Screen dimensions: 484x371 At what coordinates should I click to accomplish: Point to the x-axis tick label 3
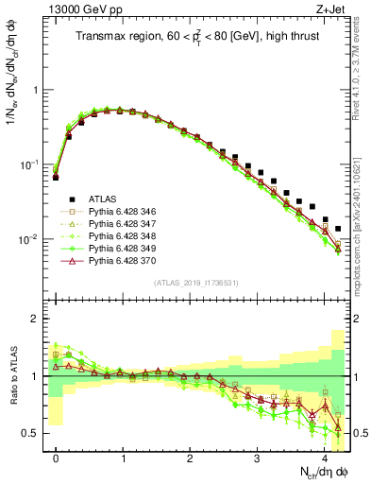257,458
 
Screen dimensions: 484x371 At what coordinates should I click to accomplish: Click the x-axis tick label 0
56,458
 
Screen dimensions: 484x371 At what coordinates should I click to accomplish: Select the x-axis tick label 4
324,458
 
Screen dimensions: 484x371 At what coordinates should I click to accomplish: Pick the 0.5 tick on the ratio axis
35,433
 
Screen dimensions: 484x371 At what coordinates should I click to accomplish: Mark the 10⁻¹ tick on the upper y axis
32,164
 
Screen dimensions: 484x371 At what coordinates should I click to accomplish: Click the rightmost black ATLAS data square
338,229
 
